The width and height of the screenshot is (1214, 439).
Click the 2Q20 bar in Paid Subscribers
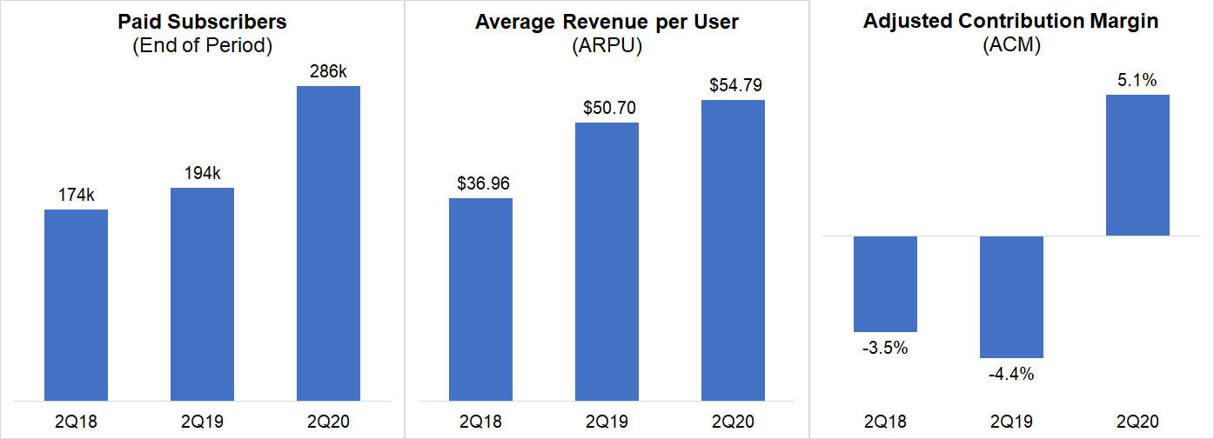[x=328, y=243]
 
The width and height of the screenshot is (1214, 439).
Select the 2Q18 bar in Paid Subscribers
[x=76, y=304]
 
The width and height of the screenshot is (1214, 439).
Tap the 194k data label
[x=202, y=172]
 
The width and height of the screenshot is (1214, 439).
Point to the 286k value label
[x=328, y=70]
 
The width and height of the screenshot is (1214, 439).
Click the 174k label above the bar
[x=76, y=194]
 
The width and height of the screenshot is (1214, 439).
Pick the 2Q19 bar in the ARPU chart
[x=607, y=261]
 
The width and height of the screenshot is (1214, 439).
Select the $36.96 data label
[x=480, y=183]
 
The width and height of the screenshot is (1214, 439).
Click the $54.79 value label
[x=733, y=85]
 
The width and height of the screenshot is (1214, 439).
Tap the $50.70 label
[x=607, y=108]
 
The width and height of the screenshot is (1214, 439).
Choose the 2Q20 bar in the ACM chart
[x=1137, y=165]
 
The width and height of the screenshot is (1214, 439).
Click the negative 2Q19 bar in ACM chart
[x=1011, y=296]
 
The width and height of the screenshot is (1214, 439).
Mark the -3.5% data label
[x=885, y=348]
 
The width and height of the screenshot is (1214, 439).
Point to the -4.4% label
[x=1011, y=375]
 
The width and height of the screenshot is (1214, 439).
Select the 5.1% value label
[x=1137, y=80]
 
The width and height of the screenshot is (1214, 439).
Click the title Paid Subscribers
[x=202, y=21]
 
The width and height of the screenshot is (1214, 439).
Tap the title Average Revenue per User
[x=607, y=21]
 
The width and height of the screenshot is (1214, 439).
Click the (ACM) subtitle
[x=1011, y=46]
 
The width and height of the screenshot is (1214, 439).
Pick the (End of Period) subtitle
[x=202, y=46]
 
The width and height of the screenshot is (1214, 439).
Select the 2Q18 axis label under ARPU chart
[x=480, y=422]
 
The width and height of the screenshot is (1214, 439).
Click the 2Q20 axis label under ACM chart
[x=1137, y=422]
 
